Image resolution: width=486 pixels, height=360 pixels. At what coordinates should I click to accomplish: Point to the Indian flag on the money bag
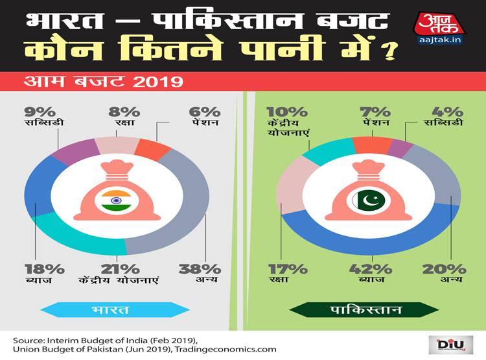117,200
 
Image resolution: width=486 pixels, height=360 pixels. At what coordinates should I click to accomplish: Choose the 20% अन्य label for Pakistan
447,273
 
